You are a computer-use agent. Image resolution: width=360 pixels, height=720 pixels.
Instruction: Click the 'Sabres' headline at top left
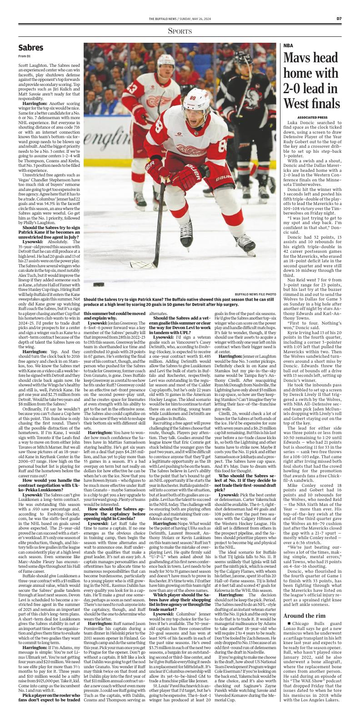[31, 48]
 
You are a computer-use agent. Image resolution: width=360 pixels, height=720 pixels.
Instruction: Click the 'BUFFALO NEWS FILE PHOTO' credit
[255, 294]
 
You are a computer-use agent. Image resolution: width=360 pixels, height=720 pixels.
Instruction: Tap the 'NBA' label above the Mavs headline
[288, 45]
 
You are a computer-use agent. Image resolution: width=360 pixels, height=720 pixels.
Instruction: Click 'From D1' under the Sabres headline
[24, 56]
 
